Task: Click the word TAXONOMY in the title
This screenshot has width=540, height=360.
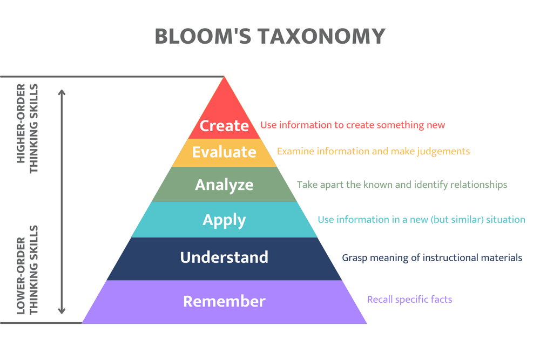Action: tap(320, 36)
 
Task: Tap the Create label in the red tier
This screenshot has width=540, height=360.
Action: tap(224, 125)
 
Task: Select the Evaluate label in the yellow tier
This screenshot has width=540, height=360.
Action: tap(224, 152)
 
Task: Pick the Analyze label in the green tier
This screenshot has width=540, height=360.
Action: tap(224, 185)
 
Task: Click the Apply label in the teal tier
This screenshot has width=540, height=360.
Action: tap(224, 220)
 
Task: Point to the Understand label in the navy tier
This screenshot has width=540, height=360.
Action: tap(224, 257)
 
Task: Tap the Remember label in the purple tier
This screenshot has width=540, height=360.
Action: tap(224, 301)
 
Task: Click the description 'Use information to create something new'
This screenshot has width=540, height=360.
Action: tap(353, 125)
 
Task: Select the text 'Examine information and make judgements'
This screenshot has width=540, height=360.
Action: tap(373, 151)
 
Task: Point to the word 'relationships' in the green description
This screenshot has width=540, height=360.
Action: tap(478, 185)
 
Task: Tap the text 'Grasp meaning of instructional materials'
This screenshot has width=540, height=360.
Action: tap(432, 257)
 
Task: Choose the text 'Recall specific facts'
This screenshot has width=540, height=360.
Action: tap(409, 299)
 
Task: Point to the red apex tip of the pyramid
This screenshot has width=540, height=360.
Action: tap(224, 79)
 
